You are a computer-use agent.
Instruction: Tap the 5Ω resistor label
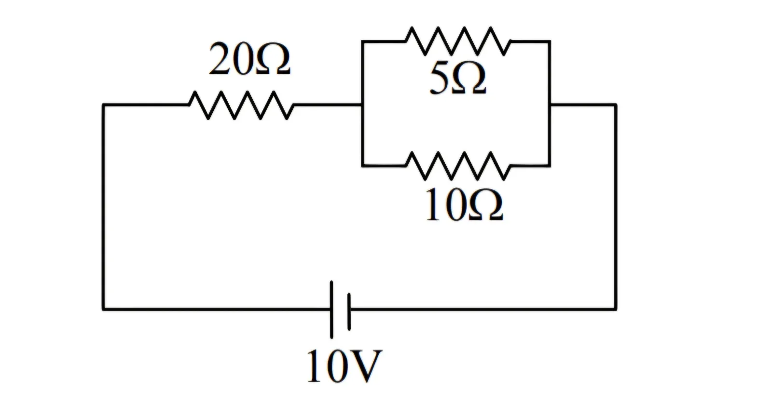pyautogui.click(x=458, y=79)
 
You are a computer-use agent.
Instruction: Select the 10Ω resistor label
pyautogui.click(x=464, y=205)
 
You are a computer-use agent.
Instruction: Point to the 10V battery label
pyautogui.click(x=345, y=366)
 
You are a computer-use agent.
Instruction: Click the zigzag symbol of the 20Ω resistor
pyautogui.click(x=241, y=105)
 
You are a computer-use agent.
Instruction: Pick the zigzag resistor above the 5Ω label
pyautogui.click(x=458, y=41)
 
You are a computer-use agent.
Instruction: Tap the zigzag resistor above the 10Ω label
pyautogui.click(x=458, y=166)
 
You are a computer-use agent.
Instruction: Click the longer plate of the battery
pyautogui.click(x=331, y=310)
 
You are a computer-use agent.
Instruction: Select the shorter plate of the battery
pyautogui.click(x=349, y=312)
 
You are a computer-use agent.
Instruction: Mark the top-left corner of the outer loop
pyautogui.click(x=103, y=105)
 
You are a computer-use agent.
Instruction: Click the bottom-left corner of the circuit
pyautogui.click(x=103, y=309)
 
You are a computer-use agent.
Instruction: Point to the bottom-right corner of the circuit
pyautogui.click(x=616, y=309)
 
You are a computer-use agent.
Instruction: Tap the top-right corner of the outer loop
pyautogui.click(x=616, y=105)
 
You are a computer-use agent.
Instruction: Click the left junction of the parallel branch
pyautogui.click(x=362, y=105)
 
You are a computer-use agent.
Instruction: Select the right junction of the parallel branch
pyautogui.click(x=550, y=105)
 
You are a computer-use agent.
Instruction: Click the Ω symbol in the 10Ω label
pyautogui.click(x=486, y=205)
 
